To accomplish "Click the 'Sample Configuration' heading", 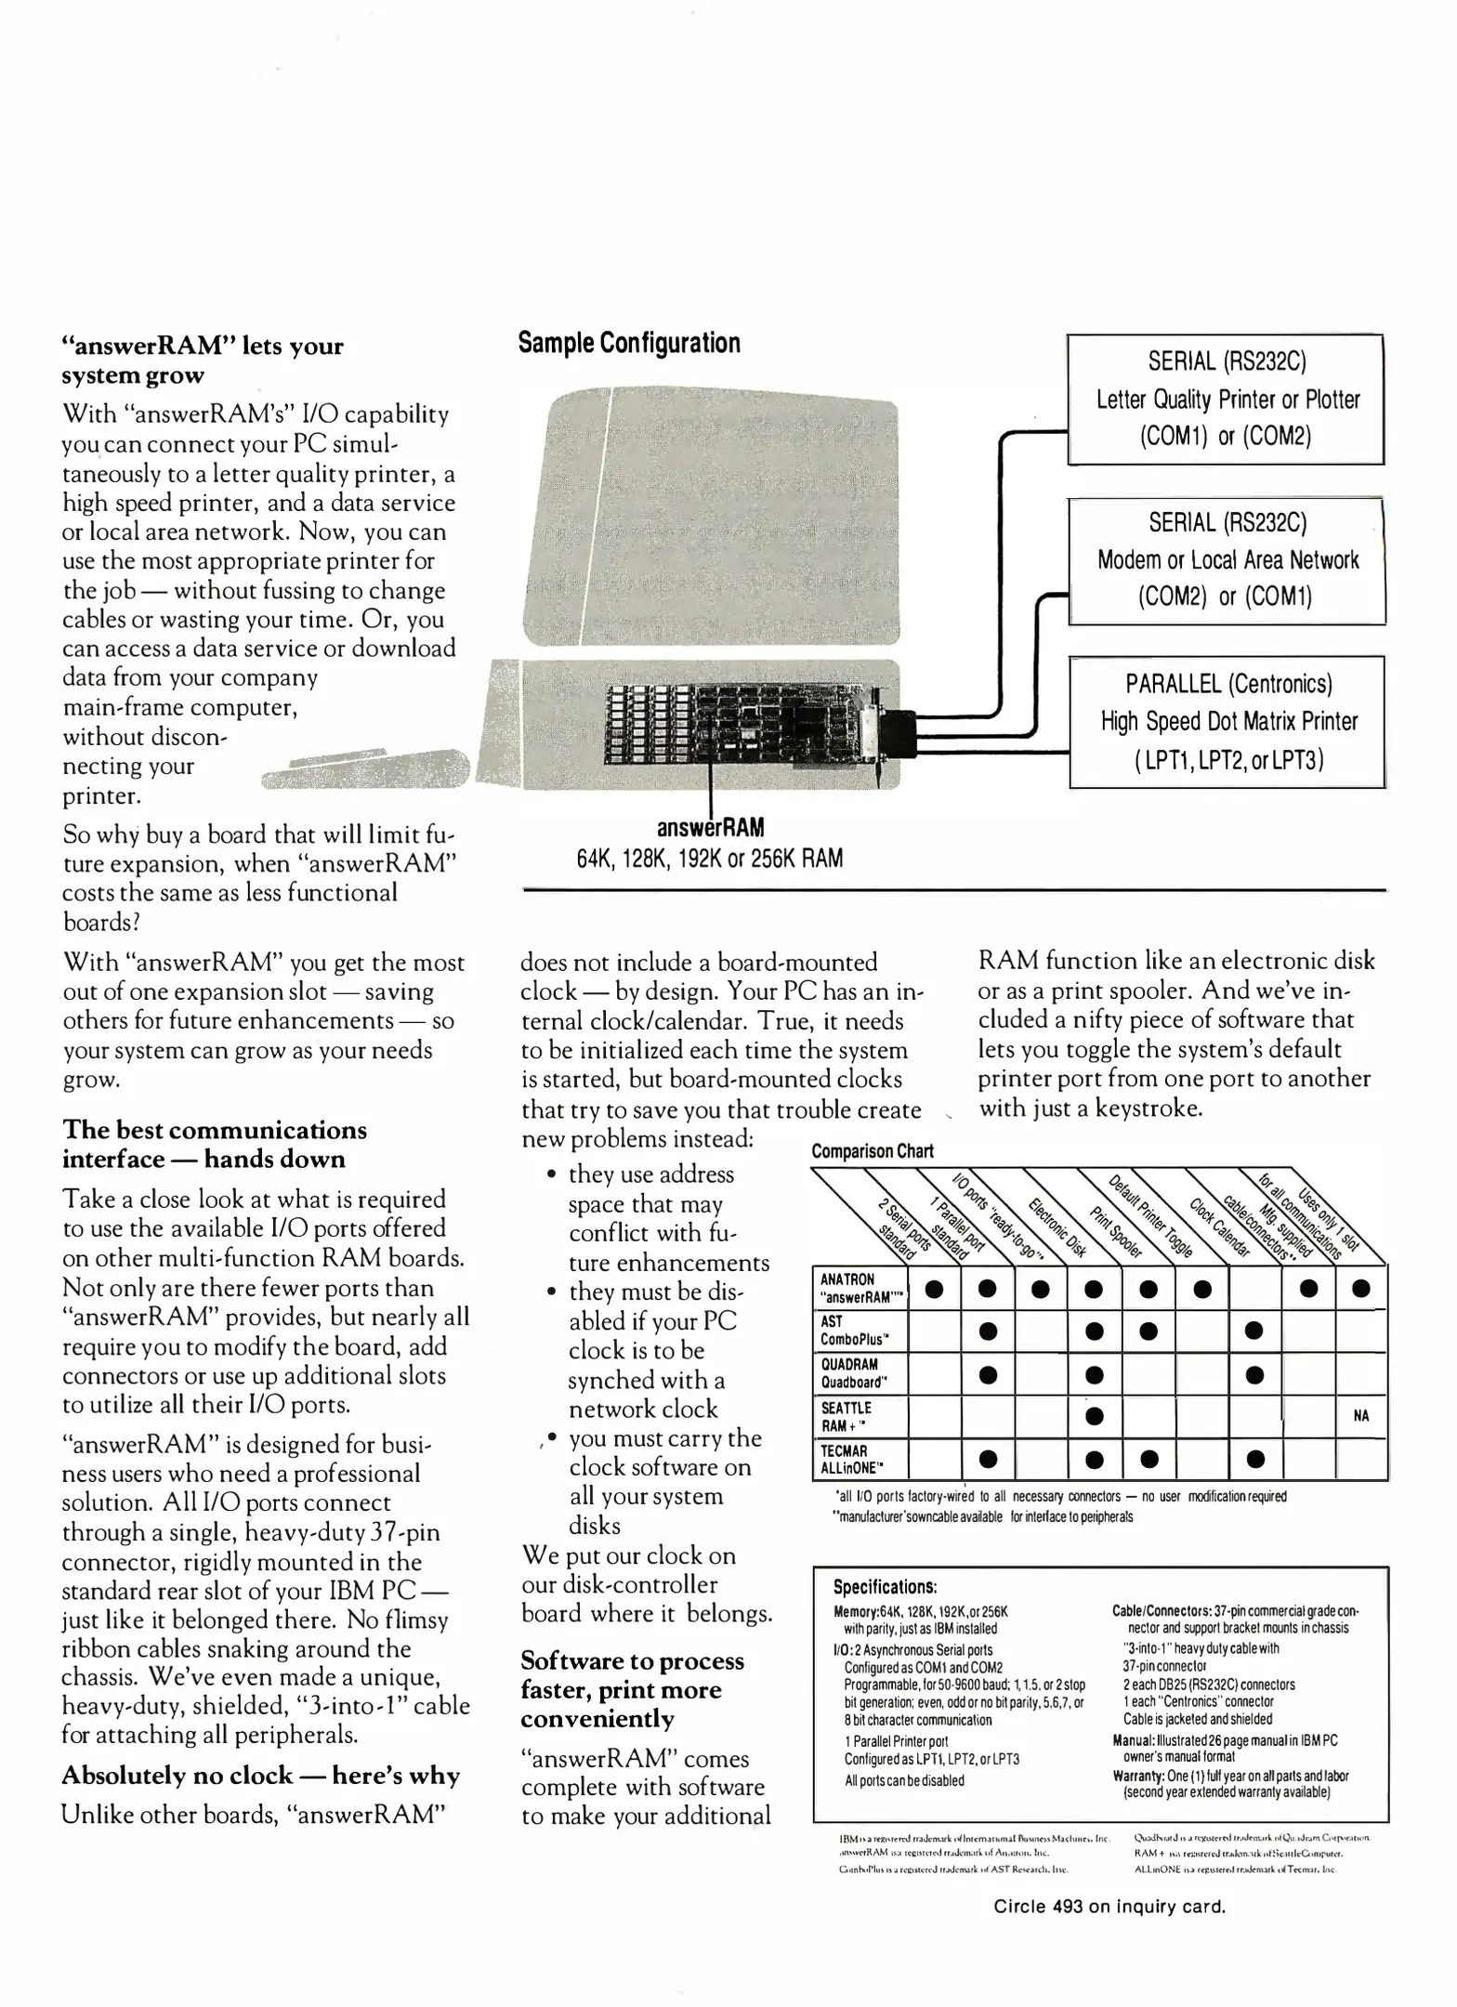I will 629,343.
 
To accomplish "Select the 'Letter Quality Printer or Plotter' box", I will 1226,400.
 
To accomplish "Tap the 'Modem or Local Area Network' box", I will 1227,560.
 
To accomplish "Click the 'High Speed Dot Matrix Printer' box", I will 1227,722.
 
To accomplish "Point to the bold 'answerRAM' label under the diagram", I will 710,827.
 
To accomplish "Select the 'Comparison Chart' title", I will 872,1151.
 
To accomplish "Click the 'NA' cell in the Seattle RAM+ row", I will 1361,1416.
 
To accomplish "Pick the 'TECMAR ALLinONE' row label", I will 848,1459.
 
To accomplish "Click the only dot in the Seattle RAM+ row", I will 1095,1416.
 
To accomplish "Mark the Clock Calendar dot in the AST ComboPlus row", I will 1254,1331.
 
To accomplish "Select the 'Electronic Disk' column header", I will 1057,1225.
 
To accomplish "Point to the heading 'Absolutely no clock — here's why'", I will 260,1776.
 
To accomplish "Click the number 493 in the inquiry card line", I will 1069,1907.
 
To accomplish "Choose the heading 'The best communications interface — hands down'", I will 215,1145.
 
